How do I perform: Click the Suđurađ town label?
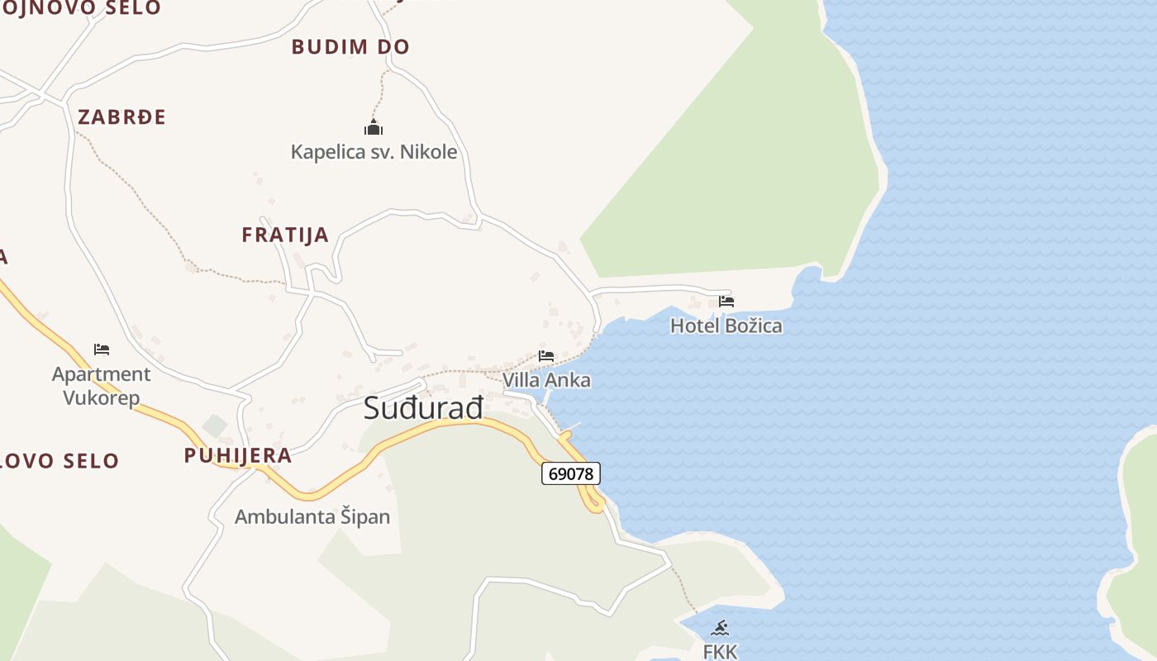[423, 408]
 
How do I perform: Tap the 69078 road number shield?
[571, 473]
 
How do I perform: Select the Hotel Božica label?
[726, 326]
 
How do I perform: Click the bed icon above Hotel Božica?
[726, 302]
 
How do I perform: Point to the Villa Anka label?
[546, 380]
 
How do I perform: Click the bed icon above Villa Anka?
[546, 357]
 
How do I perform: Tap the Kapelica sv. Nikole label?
[374, 152]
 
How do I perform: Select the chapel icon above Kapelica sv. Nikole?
[374, 128]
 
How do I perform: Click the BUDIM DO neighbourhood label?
[350, 47]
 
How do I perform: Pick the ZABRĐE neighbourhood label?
[121, 117]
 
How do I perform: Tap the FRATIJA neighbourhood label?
[285, 235]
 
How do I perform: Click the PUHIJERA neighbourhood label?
[238, 455]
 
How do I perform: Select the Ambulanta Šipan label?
[312, 517]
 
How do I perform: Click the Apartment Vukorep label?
[101, 386]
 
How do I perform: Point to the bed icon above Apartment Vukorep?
[102, 350]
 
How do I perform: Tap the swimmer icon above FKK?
[720, 628]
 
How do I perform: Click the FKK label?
[720, 651]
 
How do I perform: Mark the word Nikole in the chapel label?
[429, 152]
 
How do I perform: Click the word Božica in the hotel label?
[753, 326]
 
